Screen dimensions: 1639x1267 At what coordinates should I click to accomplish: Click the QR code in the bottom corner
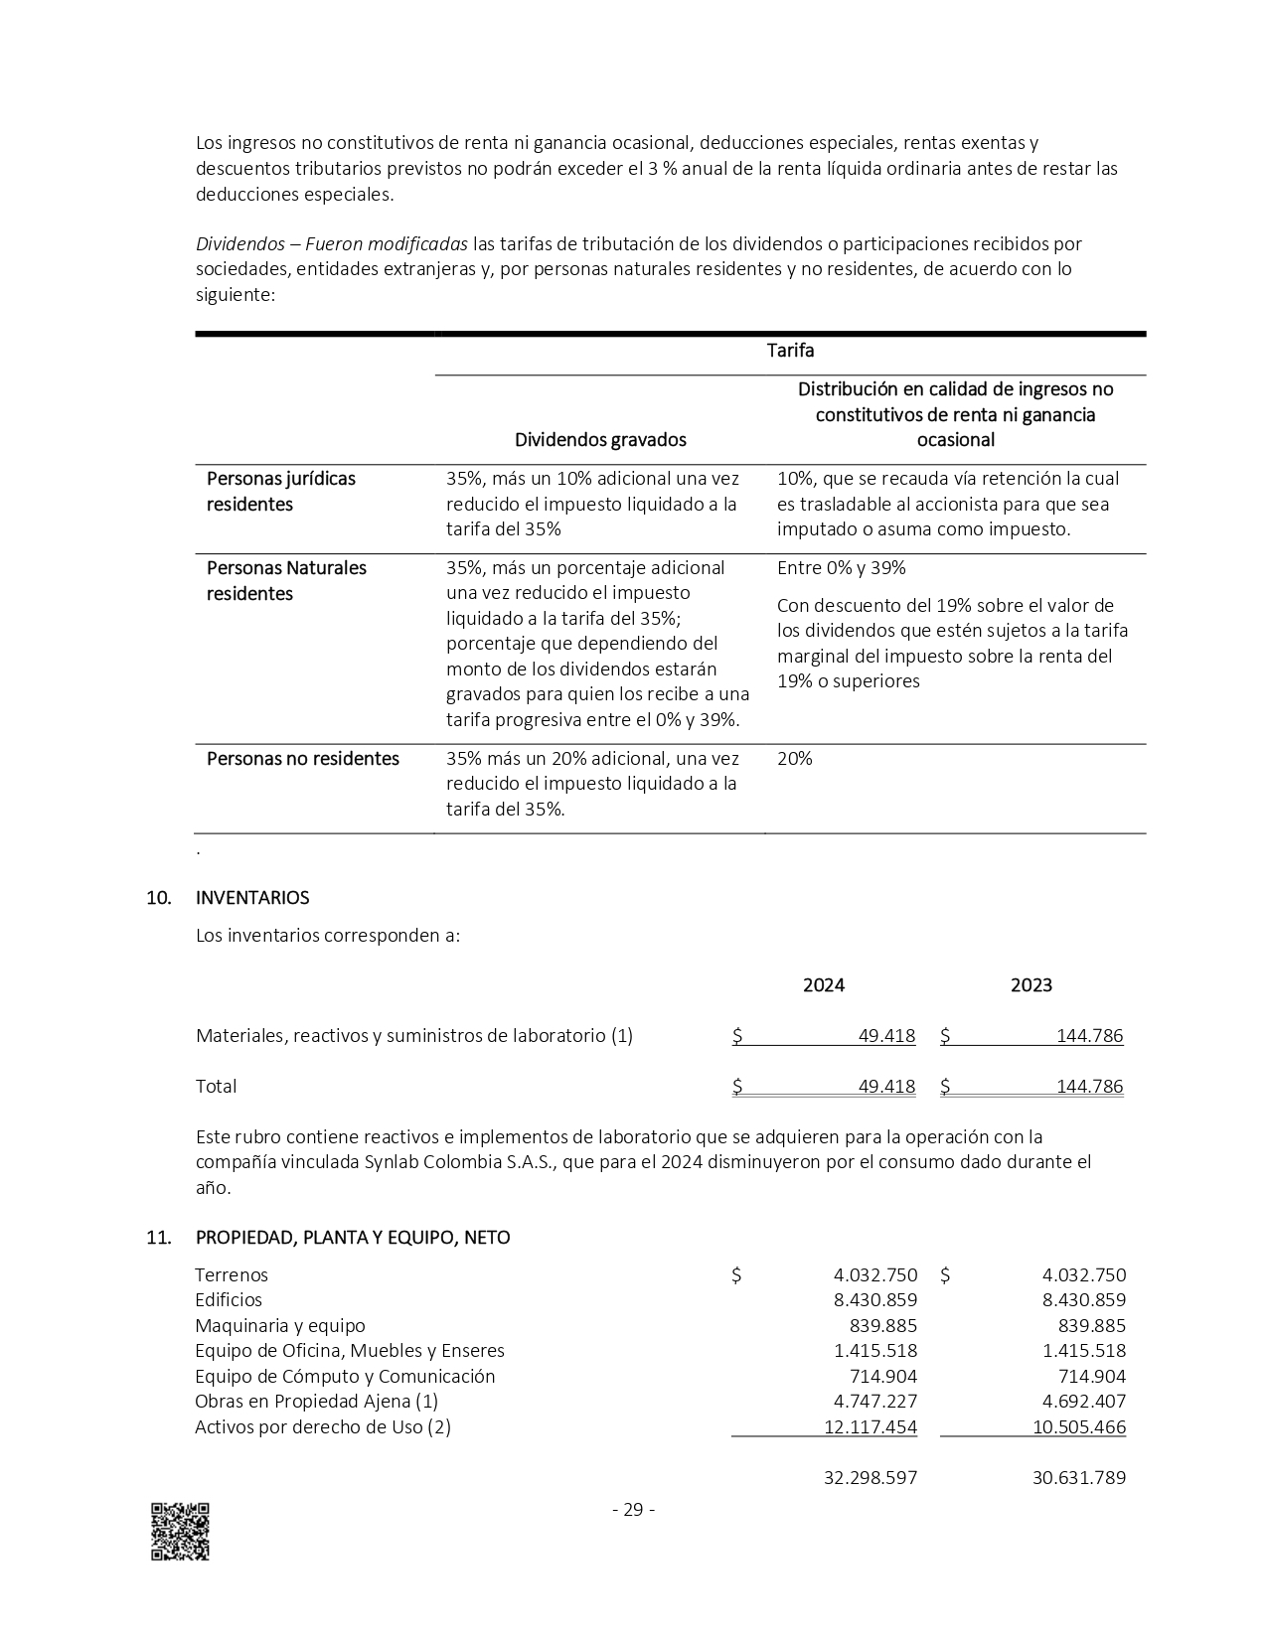click(180, 1531)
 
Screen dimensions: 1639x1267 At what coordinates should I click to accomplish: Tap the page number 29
click(633, 1510)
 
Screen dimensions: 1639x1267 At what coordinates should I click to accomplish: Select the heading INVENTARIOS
click(252, 898)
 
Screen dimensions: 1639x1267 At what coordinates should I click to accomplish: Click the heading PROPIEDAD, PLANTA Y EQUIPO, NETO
click(353, 1238)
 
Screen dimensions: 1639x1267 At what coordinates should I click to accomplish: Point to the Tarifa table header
click(790, 351)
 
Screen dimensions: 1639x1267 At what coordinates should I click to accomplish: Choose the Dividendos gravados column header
click(600, 439)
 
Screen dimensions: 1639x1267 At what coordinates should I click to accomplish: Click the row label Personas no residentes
click(303, 759)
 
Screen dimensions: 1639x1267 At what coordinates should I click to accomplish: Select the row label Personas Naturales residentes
click(286, 581)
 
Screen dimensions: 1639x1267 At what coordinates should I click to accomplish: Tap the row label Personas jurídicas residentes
click(280, 492)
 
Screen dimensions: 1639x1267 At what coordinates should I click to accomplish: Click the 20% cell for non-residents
click(795, 759)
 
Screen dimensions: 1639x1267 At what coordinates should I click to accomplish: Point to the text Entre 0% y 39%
click(841, 568)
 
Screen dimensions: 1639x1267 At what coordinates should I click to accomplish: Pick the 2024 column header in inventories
click(824, 985)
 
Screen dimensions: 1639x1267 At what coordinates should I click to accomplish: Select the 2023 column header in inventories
click(1031, 985)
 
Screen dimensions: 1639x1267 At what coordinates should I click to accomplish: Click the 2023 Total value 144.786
click(1089, 1087)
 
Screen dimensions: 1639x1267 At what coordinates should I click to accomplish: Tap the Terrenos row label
click(232, 1275)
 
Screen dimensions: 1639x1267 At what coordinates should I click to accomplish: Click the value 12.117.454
click(871, 1427)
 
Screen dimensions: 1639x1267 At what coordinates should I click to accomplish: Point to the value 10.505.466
click(1079, 1427)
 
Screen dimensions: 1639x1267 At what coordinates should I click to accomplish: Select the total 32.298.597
click(871, 1478)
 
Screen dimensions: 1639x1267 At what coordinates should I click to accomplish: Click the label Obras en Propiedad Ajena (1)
click(316, 1402)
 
